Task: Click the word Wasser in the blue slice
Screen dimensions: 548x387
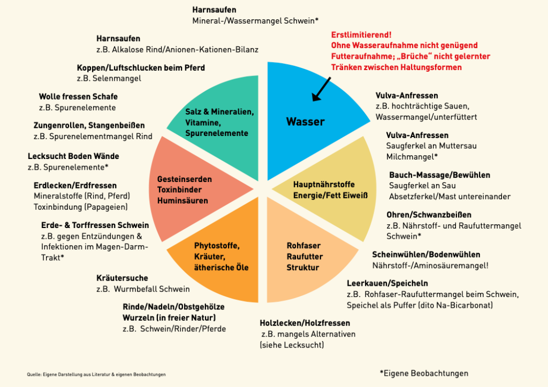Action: coord(305,122)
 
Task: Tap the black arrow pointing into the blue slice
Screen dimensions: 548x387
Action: coord(321,89)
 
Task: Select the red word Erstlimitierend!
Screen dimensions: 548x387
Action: coord(361,35)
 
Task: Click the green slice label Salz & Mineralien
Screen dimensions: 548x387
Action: coord(219,112)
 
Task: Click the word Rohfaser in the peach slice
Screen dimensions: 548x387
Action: coord(303,246)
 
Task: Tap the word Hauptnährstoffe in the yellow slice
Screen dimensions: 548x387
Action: coord(324,185)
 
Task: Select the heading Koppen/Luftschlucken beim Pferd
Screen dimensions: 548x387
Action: coord(141,68)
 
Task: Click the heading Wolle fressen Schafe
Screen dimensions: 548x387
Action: coord(78,97)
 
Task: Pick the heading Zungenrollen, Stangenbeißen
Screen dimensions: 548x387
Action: coord(89,125)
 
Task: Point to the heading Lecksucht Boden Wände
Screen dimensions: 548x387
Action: coord(73,156)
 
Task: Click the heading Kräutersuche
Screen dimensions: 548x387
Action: coord(122,278)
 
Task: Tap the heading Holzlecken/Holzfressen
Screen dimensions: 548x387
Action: coord(305,323)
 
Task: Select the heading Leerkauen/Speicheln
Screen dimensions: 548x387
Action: coord(387,283)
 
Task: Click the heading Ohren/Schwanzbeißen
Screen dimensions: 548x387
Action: coord(430,215)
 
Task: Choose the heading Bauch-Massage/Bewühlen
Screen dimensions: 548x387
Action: coord(439,175)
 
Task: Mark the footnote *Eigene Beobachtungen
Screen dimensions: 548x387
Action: coord(423,373)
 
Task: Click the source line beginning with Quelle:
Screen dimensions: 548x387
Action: coord(96,374)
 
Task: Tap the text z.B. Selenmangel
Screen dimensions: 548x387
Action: coord(109,79)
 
